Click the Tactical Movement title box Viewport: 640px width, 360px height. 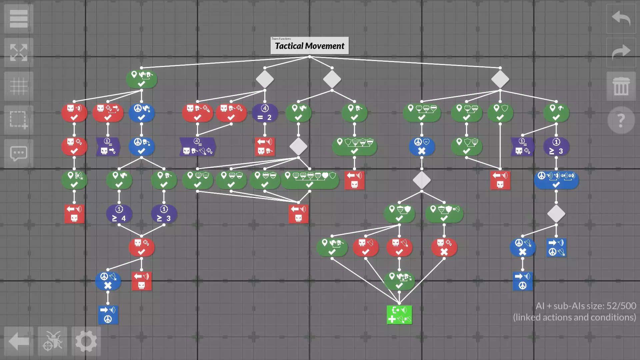tap(309, 45)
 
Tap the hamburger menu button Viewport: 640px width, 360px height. tap(19, 19)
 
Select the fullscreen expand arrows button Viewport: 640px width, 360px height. tap(19, 53)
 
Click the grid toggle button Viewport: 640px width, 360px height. tap(19, 86)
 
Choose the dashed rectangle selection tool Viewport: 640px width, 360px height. tap(19, 120)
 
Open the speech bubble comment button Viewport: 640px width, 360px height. tap(19, 154)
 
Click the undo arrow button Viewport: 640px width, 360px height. tap(621, 19)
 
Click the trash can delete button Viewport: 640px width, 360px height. tap(621, 86)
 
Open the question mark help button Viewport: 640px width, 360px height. tap(621, 120)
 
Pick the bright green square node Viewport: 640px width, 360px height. tap(399, 315)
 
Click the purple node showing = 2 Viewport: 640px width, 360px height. tap(265, 113)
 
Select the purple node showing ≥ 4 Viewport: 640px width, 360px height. tap(119, 214)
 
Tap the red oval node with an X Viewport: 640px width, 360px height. tap(444, 247)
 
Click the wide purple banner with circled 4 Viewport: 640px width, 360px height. tap(198, 147)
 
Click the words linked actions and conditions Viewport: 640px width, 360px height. tap(574, 317)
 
